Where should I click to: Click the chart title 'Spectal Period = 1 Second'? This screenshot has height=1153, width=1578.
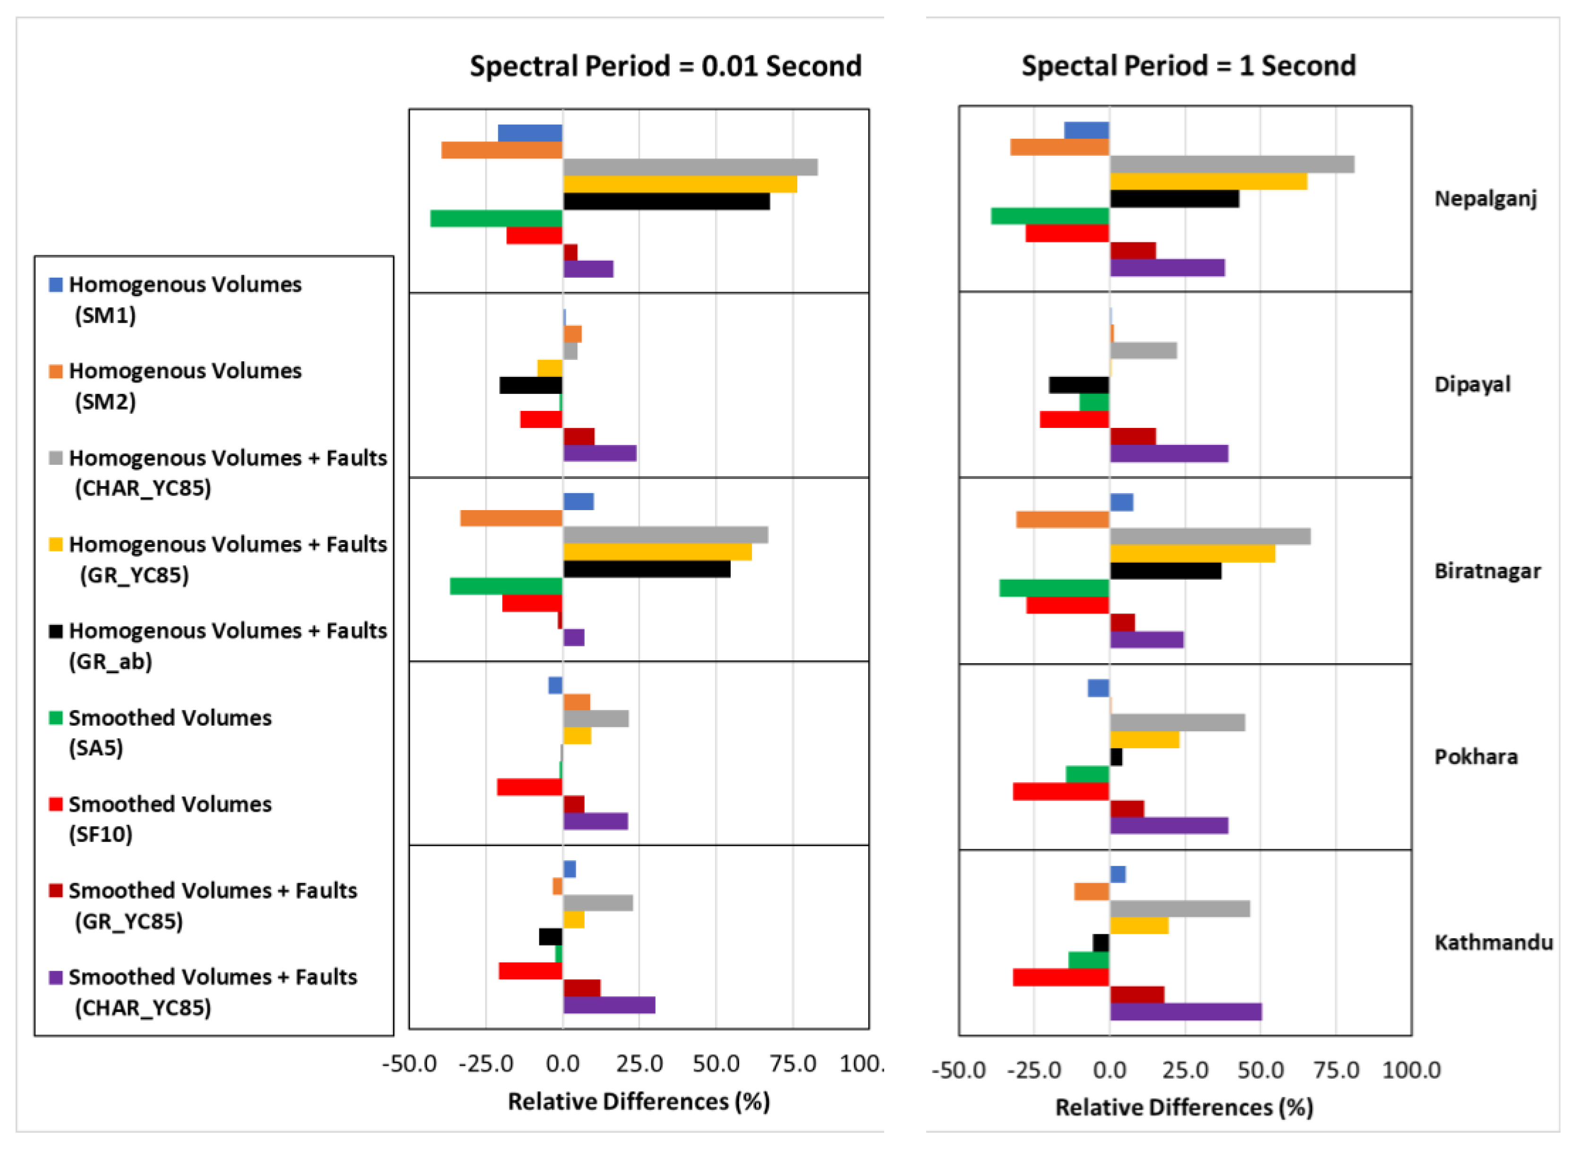tap(1188, 66)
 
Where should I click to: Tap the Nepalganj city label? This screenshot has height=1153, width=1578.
tap(1484, 199)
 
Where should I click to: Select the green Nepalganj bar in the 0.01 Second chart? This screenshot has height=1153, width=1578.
tap(496, 218)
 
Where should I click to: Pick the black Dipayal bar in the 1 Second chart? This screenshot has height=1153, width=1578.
tap(1078, 385)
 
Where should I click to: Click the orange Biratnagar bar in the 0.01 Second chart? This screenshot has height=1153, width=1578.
tap(511, 518)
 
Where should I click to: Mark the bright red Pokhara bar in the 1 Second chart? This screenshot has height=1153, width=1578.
tap(1060, 792)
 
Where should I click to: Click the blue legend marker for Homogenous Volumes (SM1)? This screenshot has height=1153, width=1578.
tap(56, 285)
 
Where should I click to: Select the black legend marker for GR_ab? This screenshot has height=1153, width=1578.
tap(56, 631)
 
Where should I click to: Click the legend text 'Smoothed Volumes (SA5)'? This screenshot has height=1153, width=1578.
tap(169, 732)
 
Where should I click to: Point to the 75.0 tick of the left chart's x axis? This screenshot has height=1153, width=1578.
tap(793, 1064)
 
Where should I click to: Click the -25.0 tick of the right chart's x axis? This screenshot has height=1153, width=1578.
tap(1033, 1070)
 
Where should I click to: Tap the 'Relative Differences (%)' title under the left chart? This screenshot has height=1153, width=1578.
tap(638, 1102)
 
